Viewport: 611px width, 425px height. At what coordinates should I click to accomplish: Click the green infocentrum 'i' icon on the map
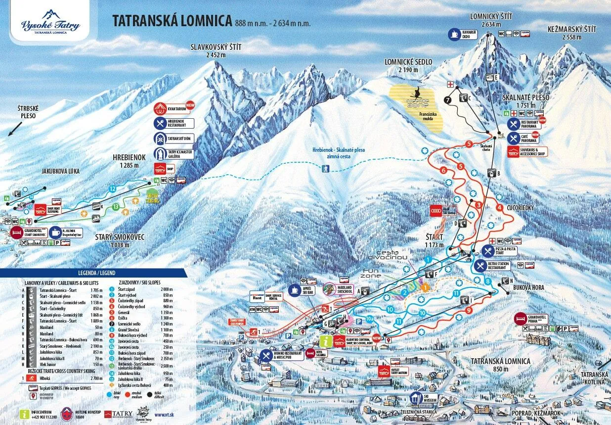(326, 341)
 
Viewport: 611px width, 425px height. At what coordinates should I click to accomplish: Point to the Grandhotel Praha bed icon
(521, 318)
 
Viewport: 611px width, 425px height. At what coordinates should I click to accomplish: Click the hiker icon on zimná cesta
(326, 169)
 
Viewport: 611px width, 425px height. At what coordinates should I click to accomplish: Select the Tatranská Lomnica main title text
(172, 21)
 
